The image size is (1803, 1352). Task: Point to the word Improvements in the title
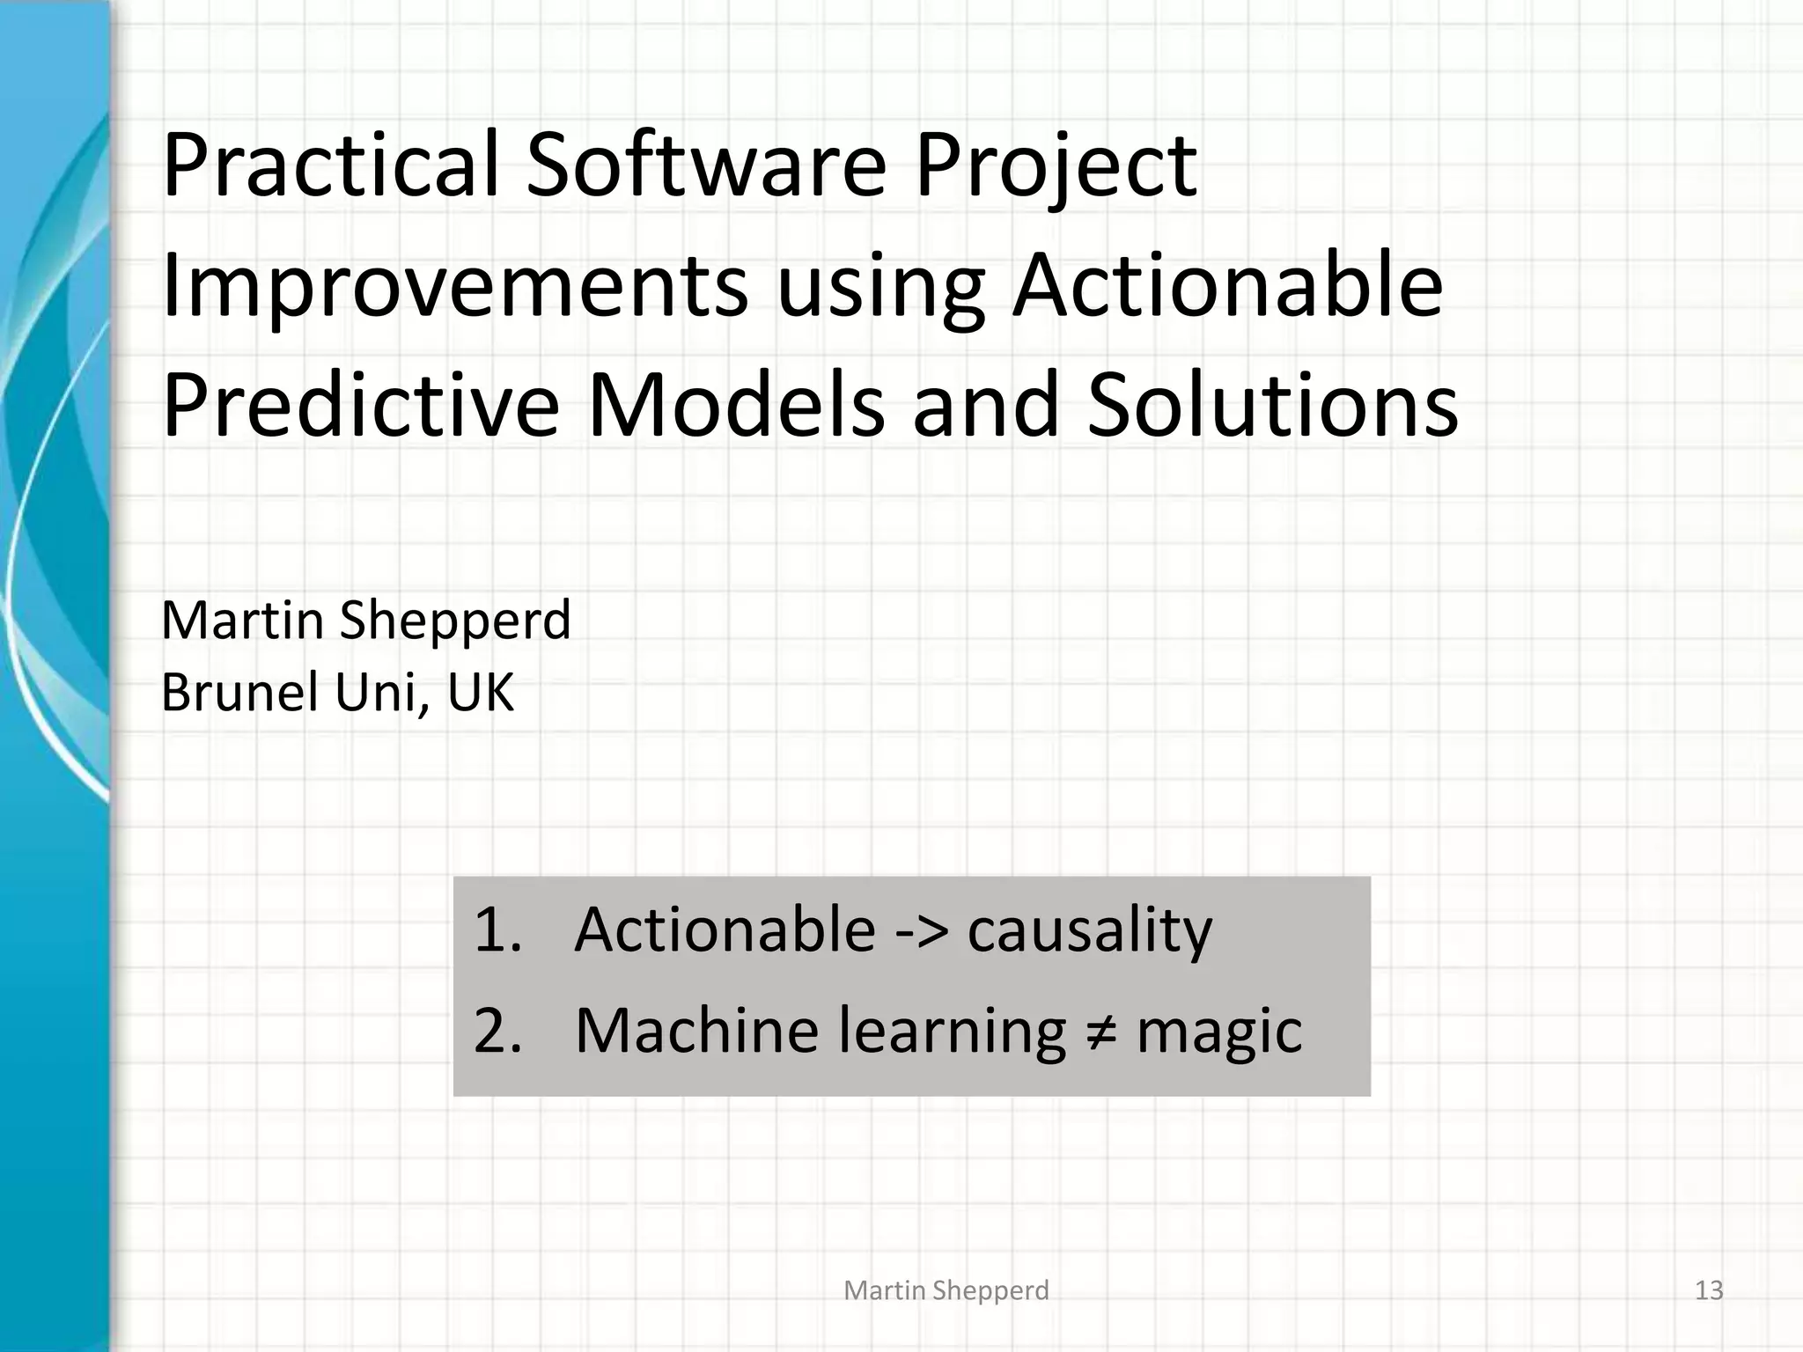coord(454,286)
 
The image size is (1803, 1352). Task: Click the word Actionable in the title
coord(1227,286)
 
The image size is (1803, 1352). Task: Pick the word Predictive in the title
coord(361,406)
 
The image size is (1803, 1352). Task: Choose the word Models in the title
coord(736,406)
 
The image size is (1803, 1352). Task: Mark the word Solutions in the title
coord(1272,406)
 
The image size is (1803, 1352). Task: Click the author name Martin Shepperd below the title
coord(366,621)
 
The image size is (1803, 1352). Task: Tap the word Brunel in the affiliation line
coord(239,693)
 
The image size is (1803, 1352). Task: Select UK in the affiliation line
coord(480,693)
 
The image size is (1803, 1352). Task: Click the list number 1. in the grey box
coord(497,930)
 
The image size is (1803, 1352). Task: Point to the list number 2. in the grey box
coord(497,1031)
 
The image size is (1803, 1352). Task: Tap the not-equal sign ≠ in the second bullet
coord(1101,1032)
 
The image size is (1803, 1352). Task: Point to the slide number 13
coord(1709,1290)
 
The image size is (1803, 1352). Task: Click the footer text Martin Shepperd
coord(946,1290)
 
